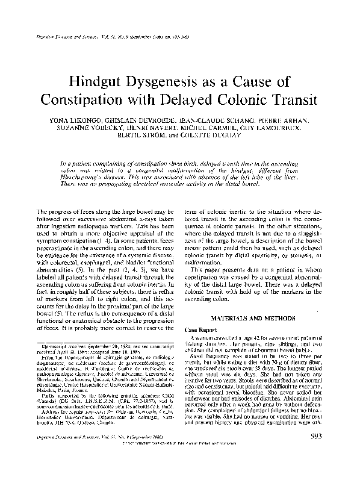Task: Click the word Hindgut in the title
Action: [x=99, y=83]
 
